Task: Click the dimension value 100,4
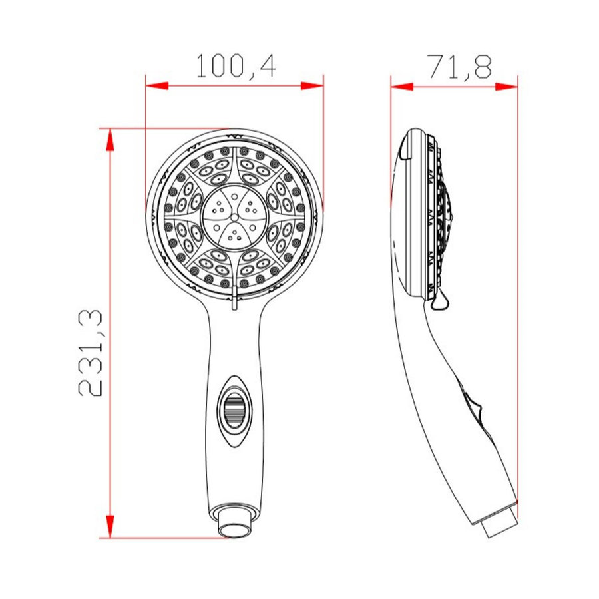(235, 66)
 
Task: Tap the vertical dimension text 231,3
(91, 353)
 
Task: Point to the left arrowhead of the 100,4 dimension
(155, 85)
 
